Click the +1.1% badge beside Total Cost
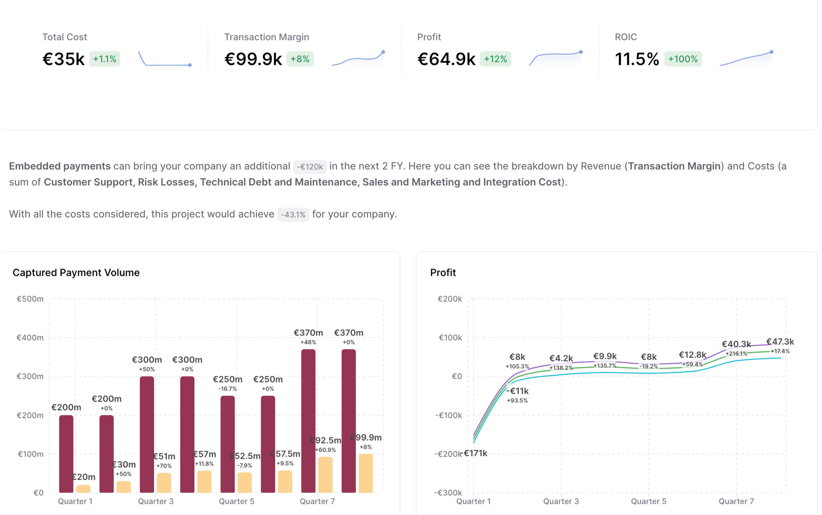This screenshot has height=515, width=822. coord(105,59)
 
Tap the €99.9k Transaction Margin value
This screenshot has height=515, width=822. coord(253,59)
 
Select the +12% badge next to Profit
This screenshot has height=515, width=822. coord(495,59)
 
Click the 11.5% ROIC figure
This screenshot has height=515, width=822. coord(636,59)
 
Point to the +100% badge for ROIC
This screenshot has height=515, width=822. coord(683,59)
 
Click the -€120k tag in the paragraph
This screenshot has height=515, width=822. coord(310,167)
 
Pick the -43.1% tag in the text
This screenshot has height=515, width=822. coord(293,215)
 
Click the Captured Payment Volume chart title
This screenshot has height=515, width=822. coord(76,273)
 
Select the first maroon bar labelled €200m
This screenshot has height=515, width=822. coord(66,454)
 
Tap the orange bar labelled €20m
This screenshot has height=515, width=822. coord(83,488)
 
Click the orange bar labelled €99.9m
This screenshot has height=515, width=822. coord(366,473)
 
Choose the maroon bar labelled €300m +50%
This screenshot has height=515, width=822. coord(147,434)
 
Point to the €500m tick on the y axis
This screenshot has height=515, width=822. coord(30,299)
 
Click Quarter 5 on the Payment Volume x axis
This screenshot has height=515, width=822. coord(236,501)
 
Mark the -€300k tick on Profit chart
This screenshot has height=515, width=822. coord(448,492)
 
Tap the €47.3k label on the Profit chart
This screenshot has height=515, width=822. coord(780,342)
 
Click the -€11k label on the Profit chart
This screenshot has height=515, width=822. coord(517,391)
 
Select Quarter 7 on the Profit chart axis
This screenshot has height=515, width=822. coord(736,501)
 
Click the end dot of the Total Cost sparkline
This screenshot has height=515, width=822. coord(190,65)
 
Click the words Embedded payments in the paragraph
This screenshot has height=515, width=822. coord(60,166)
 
